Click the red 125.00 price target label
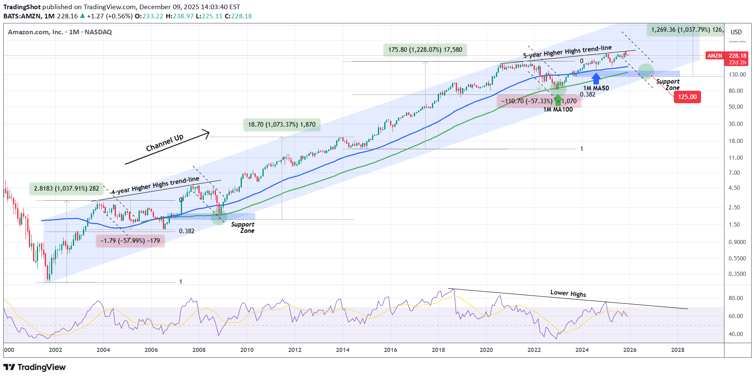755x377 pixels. (687, 97)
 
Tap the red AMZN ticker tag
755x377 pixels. (714, 56)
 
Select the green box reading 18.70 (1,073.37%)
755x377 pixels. (282, 125)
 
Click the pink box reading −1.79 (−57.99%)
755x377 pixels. (130, 241)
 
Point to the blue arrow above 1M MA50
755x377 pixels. (596, 78)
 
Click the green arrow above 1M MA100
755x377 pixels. (558, 100)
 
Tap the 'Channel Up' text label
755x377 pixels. (164, 143)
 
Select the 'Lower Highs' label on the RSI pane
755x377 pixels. (568, 293)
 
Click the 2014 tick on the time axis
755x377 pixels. (342, 350)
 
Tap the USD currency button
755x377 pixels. (736, 32)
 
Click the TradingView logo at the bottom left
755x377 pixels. (35, 367)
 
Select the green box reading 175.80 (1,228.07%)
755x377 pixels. (425, 50)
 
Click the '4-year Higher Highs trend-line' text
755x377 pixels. (155, 185)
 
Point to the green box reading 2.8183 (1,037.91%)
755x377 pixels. (67, 188)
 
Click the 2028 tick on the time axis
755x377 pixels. (678, 350)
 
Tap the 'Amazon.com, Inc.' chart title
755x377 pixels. (36, 32)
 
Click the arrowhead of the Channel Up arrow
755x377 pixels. (206, 132)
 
